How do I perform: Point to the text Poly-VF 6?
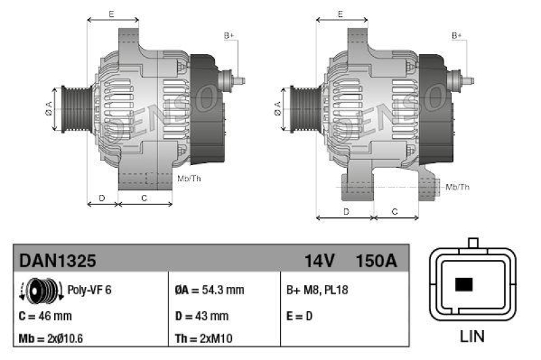pyautogui.click(x=89, y=290)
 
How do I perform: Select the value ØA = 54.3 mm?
pyautogui.click(x=210, y=290)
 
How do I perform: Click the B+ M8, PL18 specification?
pyautogui.click(x=318, y=290)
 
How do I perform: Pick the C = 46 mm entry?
pyautogui.click(x=45, y=315)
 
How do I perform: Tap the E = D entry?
pyautogui.click(x=300, y=315)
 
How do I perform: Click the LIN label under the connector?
pyautogui.click(x=472, y=336)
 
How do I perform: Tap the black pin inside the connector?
pyautogui.click(x=464, y=284)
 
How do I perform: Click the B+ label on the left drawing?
pyautogui.click(x=229, y=35)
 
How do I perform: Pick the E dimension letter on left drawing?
pyautogui.click(x=112, y=14)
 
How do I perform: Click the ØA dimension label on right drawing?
pyautogui.click(x=277, y=108)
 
